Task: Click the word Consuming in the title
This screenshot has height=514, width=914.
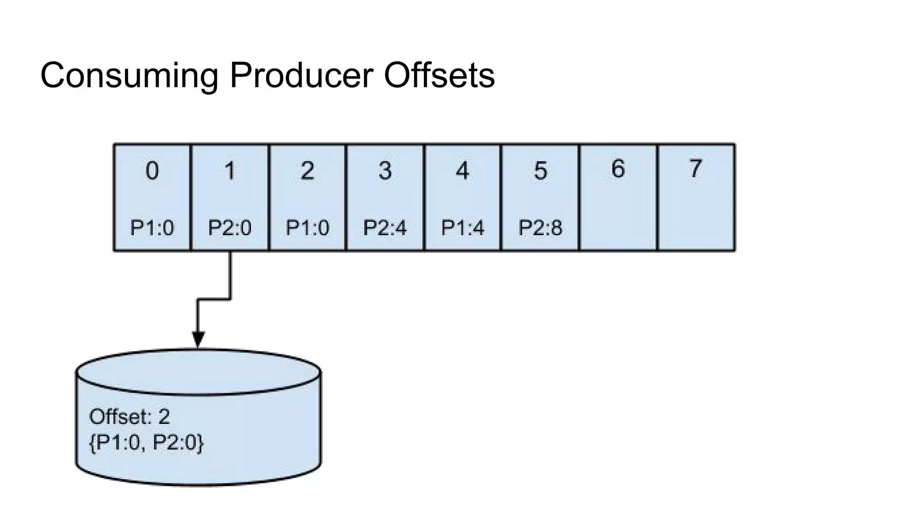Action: tap(129, 75)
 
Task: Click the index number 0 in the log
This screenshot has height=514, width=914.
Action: tap(152, 171)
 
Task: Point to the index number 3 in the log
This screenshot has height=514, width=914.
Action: tap(385, 171)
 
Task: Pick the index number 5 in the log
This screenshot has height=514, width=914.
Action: tap(540, 171)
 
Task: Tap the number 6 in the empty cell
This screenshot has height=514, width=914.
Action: tap(618, 169)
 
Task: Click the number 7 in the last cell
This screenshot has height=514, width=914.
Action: tap(695, 169)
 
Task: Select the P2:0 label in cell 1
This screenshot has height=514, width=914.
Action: tap(230, 228)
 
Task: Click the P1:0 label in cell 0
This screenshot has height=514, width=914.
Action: tap(152, 228)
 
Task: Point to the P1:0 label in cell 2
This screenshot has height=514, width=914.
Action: tap(307, 228)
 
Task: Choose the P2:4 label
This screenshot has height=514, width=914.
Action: tap(385, 228)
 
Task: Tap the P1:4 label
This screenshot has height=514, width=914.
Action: tap(463, 228)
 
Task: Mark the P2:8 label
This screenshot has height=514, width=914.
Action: tap(540, 228)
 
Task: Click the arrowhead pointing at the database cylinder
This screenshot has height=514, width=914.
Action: tap(198, 339)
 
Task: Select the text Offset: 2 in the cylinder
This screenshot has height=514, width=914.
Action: tap(130, 417)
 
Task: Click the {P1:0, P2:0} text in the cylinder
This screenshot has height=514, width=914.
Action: tap(146, 443)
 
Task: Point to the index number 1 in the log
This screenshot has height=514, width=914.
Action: tap(230, 171)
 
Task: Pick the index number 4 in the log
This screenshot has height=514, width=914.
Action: tap(463, 171)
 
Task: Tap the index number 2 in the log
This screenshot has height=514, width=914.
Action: tap(307, 171)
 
